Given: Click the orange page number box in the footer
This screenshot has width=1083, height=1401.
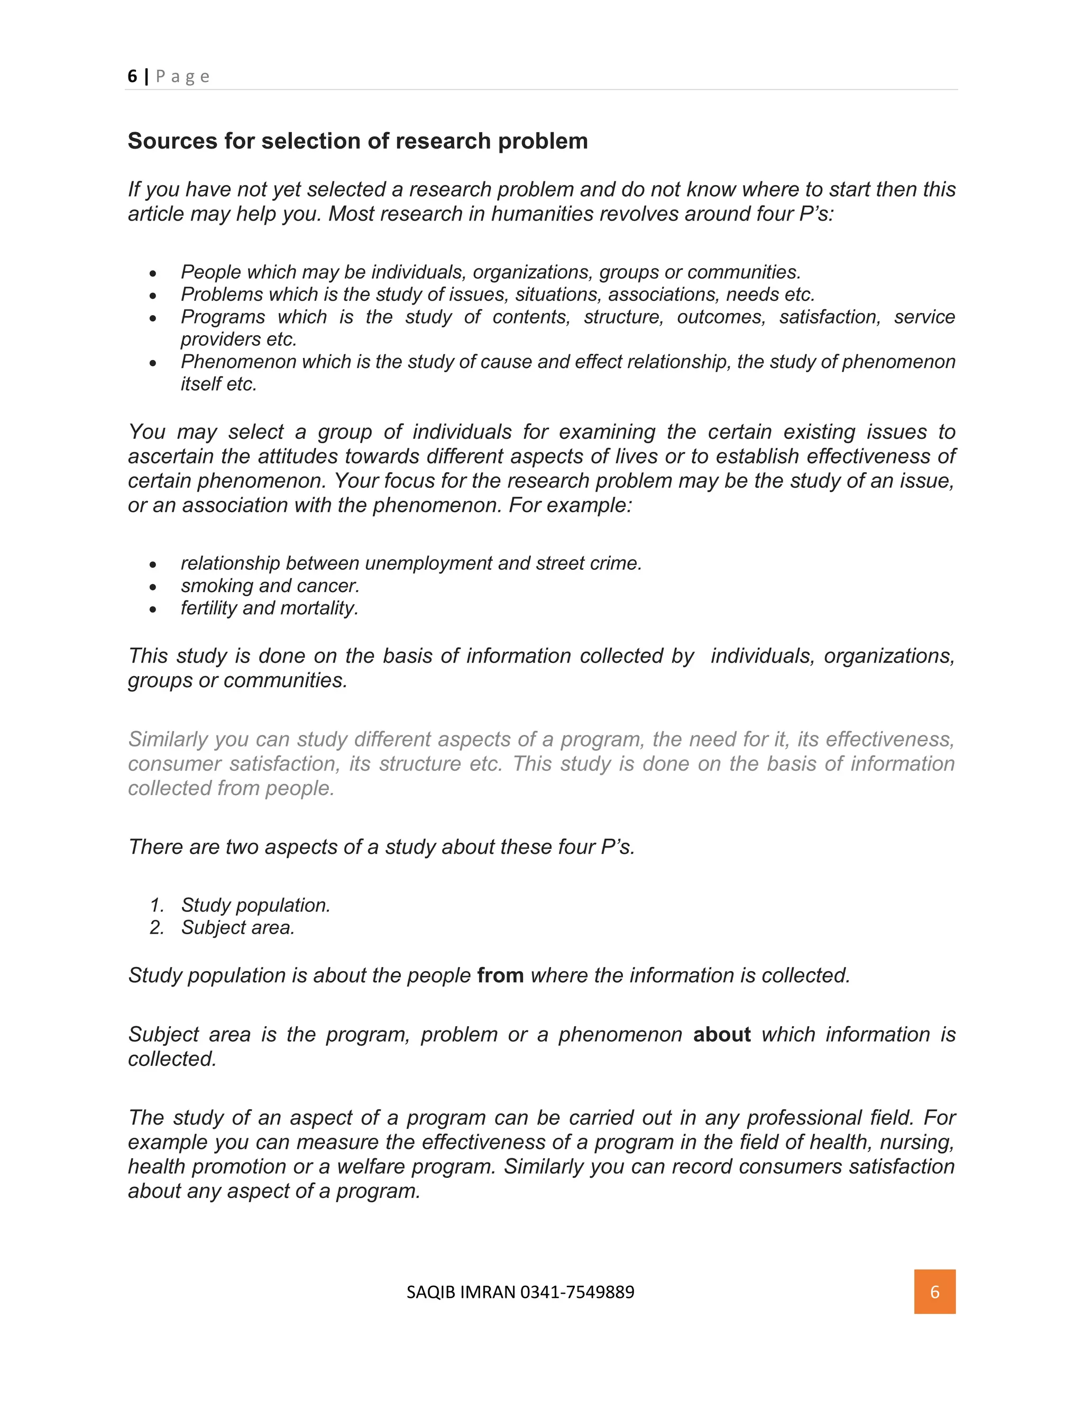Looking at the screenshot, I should point(934,1292).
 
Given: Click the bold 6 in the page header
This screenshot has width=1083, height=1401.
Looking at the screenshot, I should point(132,76).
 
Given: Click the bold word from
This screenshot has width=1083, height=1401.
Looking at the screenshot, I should point(500,975).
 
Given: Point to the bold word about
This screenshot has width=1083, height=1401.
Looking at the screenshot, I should point(722,1034).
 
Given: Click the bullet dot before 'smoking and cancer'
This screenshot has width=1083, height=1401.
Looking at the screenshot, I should point(153,587).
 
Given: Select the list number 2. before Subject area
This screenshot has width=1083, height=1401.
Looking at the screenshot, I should point(157,928).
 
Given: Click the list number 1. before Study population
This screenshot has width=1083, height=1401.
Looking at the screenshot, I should point(157,905).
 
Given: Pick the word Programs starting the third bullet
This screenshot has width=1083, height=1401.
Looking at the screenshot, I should point(223,317).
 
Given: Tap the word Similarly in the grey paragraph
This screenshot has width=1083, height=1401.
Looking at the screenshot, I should point(169,739).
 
